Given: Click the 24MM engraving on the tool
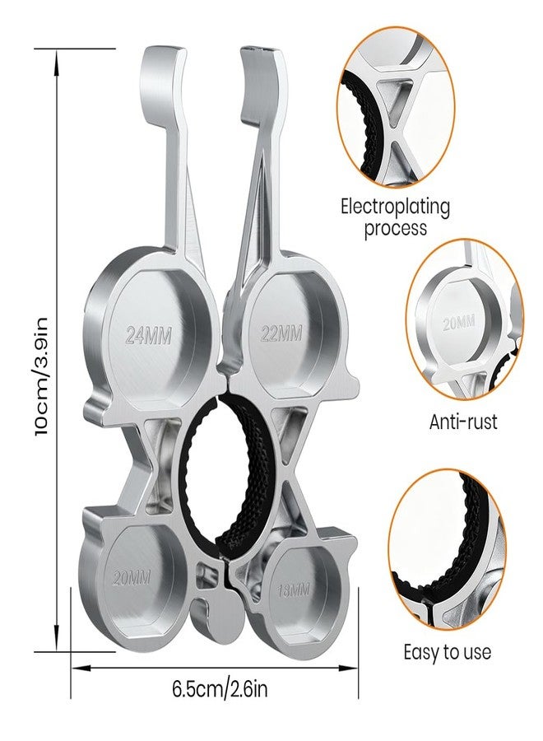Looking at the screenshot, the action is tap(149, 336).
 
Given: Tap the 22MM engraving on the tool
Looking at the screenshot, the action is tap(281, 333).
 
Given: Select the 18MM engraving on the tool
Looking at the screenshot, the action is tap(294, 590).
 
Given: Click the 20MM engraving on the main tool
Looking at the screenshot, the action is tap(132, 577).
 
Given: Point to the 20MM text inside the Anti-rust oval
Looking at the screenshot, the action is tap(458, 324).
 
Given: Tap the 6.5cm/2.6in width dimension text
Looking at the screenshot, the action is tap(220, 688).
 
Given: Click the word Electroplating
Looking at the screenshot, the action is tap(395, 207).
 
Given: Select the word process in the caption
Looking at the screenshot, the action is tap(395, 228).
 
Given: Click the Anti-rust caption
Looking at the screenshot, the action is tap(463, 422).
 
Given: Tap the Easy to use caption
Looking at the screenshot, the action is tap(447, 652).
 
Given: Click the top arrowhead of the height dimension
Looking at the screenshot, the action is tap(57, 62).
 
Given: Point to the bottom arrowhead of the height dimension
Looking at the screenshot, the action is tap(57, 637).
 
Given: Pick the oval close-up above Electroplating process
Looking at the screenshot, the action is tap(396, 110).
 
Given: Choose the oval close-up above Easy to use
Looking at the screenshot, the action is tap(447, 551).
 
